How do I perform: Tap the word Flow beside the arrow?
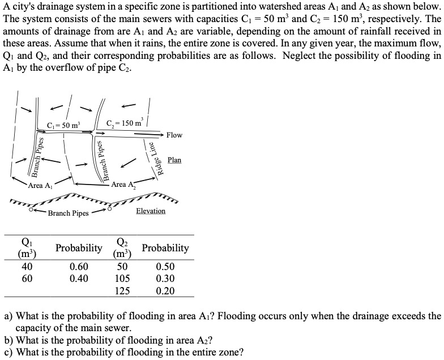(x=174, y=135)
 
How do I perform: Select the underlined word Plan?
(x=174, y=160)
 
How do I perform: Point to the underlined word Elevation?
(x=151, y=211)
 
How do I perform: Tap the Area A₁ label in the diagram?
(x=40, y=185)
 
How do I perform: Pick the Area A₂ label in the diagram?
(x=124, y=184)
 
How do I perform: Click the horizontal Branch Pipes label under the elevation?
(x=68, y=213)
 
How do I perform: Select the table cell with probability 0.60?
(x=79, y=267)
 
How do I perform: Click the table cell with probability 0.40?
(x=79, y=278)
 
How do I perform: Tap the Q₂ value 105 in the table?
(x=122, y=278)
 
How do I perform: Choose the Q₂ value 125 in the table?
(x=122, y=291)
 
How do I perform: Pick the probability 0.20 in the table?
(x=165, y=291)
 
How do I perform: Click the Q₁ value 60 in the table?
(x=27, y=278)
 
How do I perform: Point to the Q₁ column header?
(x=27, y=248)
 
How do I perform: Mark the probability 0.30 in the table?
(x=165, y=278)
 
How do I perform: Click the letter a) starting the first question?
(x=8, y=316)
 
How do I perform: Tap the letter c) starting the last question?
(x=8, y=352)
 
